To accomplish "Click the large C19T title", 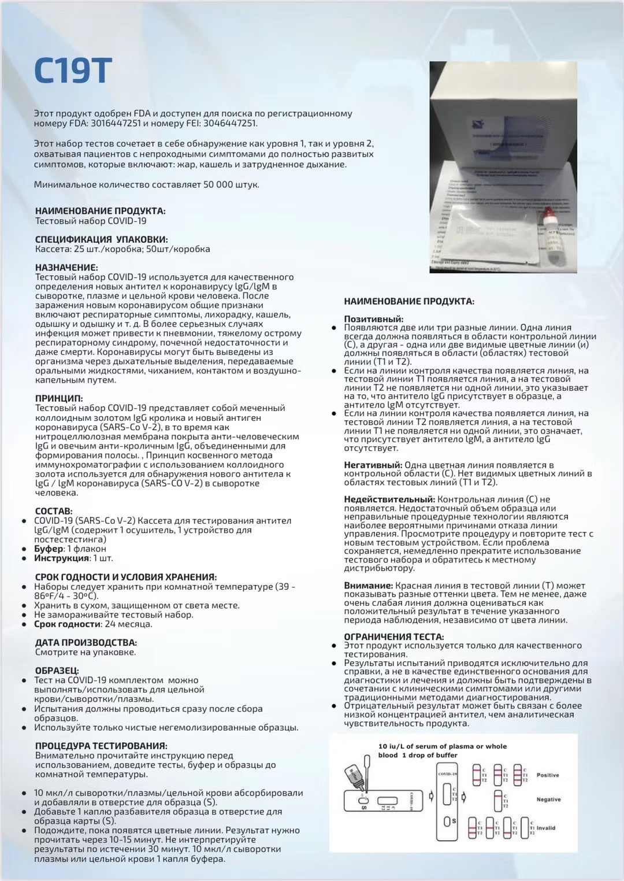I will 73,71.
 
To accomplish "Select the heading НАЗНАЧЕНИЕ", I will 66,268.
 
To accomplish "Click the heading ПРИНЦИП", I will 59,398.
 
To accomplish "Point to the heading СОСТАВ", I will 54,511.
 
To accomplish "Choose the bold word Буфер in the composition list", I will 49,549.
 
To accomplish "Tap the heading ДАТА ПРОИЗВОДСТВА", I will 86,642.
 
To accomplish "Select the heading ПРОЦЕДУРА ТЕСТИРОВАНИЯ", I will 101,746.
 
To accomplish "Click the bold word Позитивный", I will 373,319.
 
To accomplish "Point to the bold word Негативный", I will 373,465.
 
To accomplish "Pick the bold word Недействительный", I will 389,499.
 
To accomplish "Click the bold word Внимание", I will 368,586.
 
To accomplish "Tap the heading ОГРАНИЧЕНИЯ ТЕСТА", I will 393,636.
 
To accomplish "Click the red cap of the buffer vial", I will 548,216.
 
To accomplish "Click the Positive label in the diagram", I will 547,775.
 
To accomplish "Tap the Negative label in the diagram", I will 548,799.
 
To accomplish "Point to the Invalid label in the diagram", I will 545,828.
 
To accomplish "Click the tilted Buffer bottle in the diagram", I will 353,775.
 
